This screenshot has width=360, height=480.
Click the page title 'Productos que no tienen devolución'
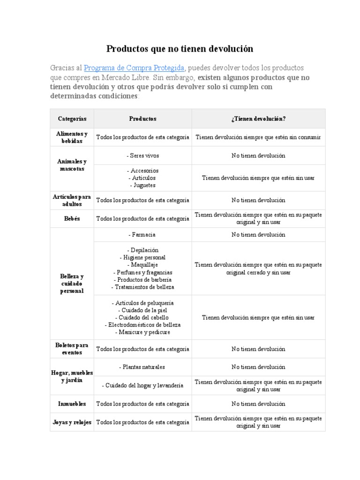pos(180,49)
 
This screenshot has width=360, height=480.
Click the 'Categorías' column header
pos(72,119)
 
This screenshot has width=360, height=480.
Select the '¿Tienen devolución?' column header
pos(258,119)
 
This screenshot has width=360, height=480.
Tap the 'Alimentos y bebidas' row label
pos(72,137)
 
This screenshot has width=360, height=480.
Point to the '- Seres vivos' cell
pos(142,155)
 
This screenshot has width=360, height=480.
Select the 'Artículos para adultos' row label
pos(72,201)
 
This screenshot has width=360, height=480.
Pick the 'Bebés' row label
pos(72,219)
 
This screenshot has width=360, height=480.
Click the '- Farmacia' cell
pos(142,234)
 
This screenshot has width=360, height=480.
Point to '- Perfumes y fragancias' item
pos(142,272)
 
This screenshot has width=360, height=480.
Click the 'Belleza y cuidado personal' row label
pos(72,284)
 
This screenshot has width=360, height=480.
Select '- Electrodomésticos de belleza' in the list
pos(142,325)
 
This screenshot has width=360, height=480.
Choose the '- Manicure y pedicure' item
pos(142,332)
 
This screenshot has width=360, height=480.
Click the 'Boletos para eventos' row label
pos(72,349)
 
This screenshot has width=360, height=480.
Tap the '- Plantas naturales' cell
pos(142,367)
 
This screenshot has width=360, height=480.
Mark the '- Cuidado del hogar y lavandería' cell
pos(142,386)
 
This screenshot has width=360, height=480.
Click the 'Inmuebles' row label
pos(72,404)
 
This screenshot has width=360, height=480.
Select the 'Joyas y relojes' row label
pos(72,422)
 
